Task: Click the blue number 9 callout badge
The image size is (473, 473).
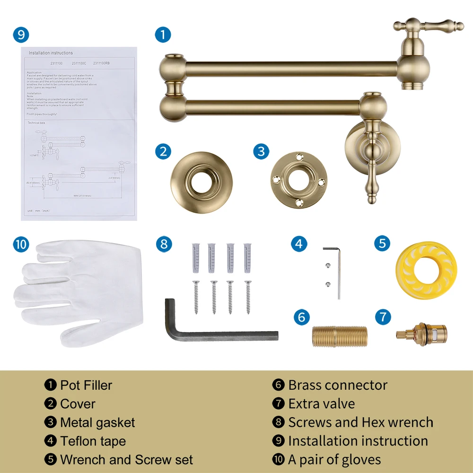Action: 21,35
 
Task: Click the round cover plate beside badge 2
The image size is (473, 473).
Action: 202,177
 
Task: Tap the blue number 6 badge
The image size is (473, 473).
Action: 302,317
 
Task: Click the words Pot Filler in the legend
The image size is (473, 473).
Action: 86,385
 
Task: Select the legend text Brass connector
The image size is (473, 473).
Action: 338,385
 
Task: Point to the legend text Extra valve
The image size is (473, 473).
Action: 322,403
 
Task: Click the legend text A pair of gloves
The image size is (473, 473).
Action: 334,459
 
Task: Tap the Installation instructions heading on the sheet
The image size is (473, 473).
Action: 51,53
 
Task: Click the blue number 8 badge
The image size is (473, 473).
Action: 164,244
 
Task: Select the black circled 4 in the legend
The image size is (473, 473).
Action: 50,441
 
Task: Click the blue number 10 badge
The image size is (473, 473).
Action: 21,244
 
